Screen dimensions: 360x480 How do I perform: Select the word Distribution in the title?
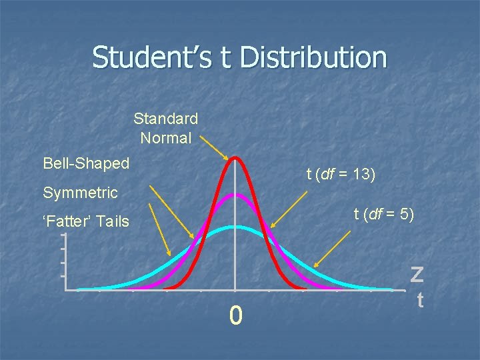[313, 57]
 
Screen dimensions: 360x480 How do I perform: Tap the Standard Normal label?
[165, 128]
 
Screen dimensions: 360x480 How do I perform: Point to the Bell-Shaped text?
[86, 163]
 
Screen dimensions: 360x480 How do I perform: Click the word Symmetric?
[80, 193]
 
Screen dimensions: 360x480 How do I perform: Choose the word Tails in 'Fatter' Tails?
[111, 221]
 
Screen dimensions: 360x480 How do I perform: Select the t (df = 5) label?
[383, 214]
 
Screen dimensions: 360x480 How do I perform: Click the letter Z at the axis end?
[417, 274]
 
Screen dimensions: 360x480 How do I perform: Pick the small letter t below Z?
[420, 301]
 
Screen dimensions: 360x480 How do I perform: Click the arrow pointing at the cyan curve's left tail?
[159, 229]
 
